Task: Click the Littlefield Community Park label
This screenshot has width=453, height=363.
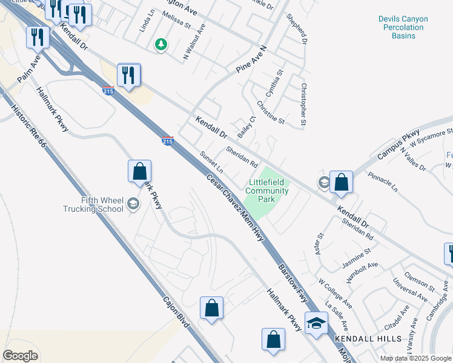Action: pyautogui.click(x=266, y=191)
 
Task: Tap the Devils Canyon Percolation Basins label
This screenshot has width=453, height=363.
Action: pyautogui.click(x=403, y=27)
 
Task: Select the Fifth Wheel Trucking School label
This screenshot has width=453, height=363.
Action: pyautogui.click(x=93, y=205)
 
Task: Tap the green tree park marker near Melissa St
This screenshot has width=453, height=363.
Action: pyautogui.click(x=161, y=44)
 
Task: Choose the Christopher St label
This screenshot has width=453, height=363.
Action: pyautogui.click(x=304, y=104)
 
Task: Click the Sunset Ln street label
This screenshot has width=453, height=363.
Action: pyautogui.click(x=212, y=162)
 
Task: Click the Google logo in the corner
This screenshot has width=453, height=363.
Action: pyautogui.click(x=20, y=355)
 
